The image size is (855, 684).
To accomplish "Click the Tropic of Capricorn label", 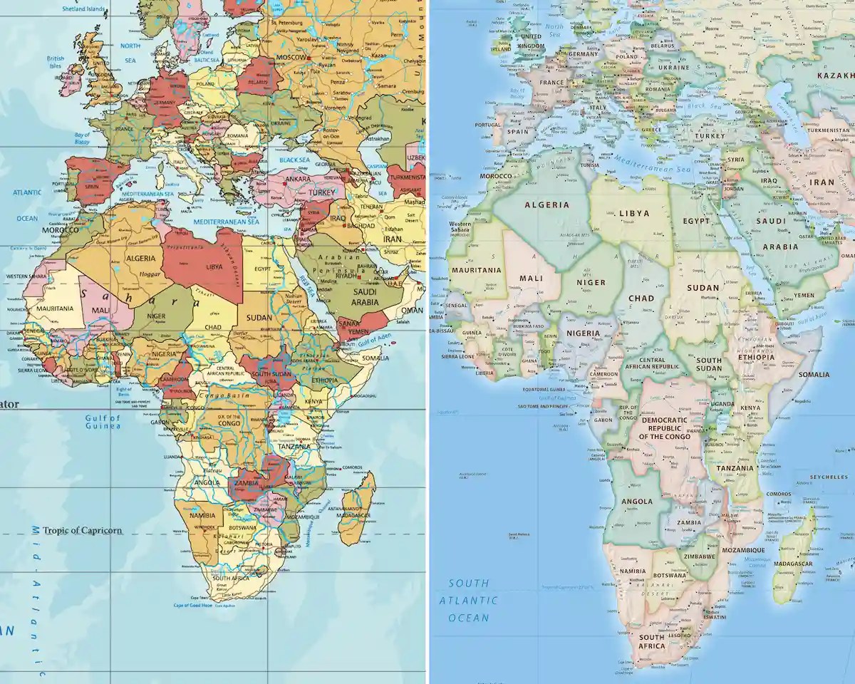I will click(82, 530).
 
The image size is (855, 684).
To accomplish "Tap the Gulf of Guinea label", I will click(103, 422).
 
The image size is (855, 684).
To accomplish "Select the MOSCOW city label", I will click(292, 56).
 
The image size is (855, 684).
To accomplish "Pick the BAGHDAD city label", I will click(361, 225).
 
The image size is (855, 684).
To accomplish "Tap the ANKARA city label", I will click(298, 179).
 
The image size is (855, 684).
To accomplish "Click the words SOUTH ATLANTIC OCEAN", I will click(468, 601).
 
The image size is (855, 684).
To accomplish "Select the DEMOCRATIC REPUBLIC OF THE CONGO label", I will click(664, 427).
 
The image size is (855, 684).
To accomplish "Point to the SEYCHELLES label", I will click(827, 477).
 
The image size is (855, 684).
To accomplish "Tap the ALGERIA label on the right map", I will click(546, 204).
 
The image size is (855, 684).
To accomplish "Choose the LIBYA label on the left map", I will click(214, 266).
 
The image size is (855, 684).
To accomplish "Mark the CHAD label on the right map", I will click(641, 299).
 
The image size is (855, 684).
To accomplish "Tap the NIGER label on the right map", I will click(591, 283).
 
